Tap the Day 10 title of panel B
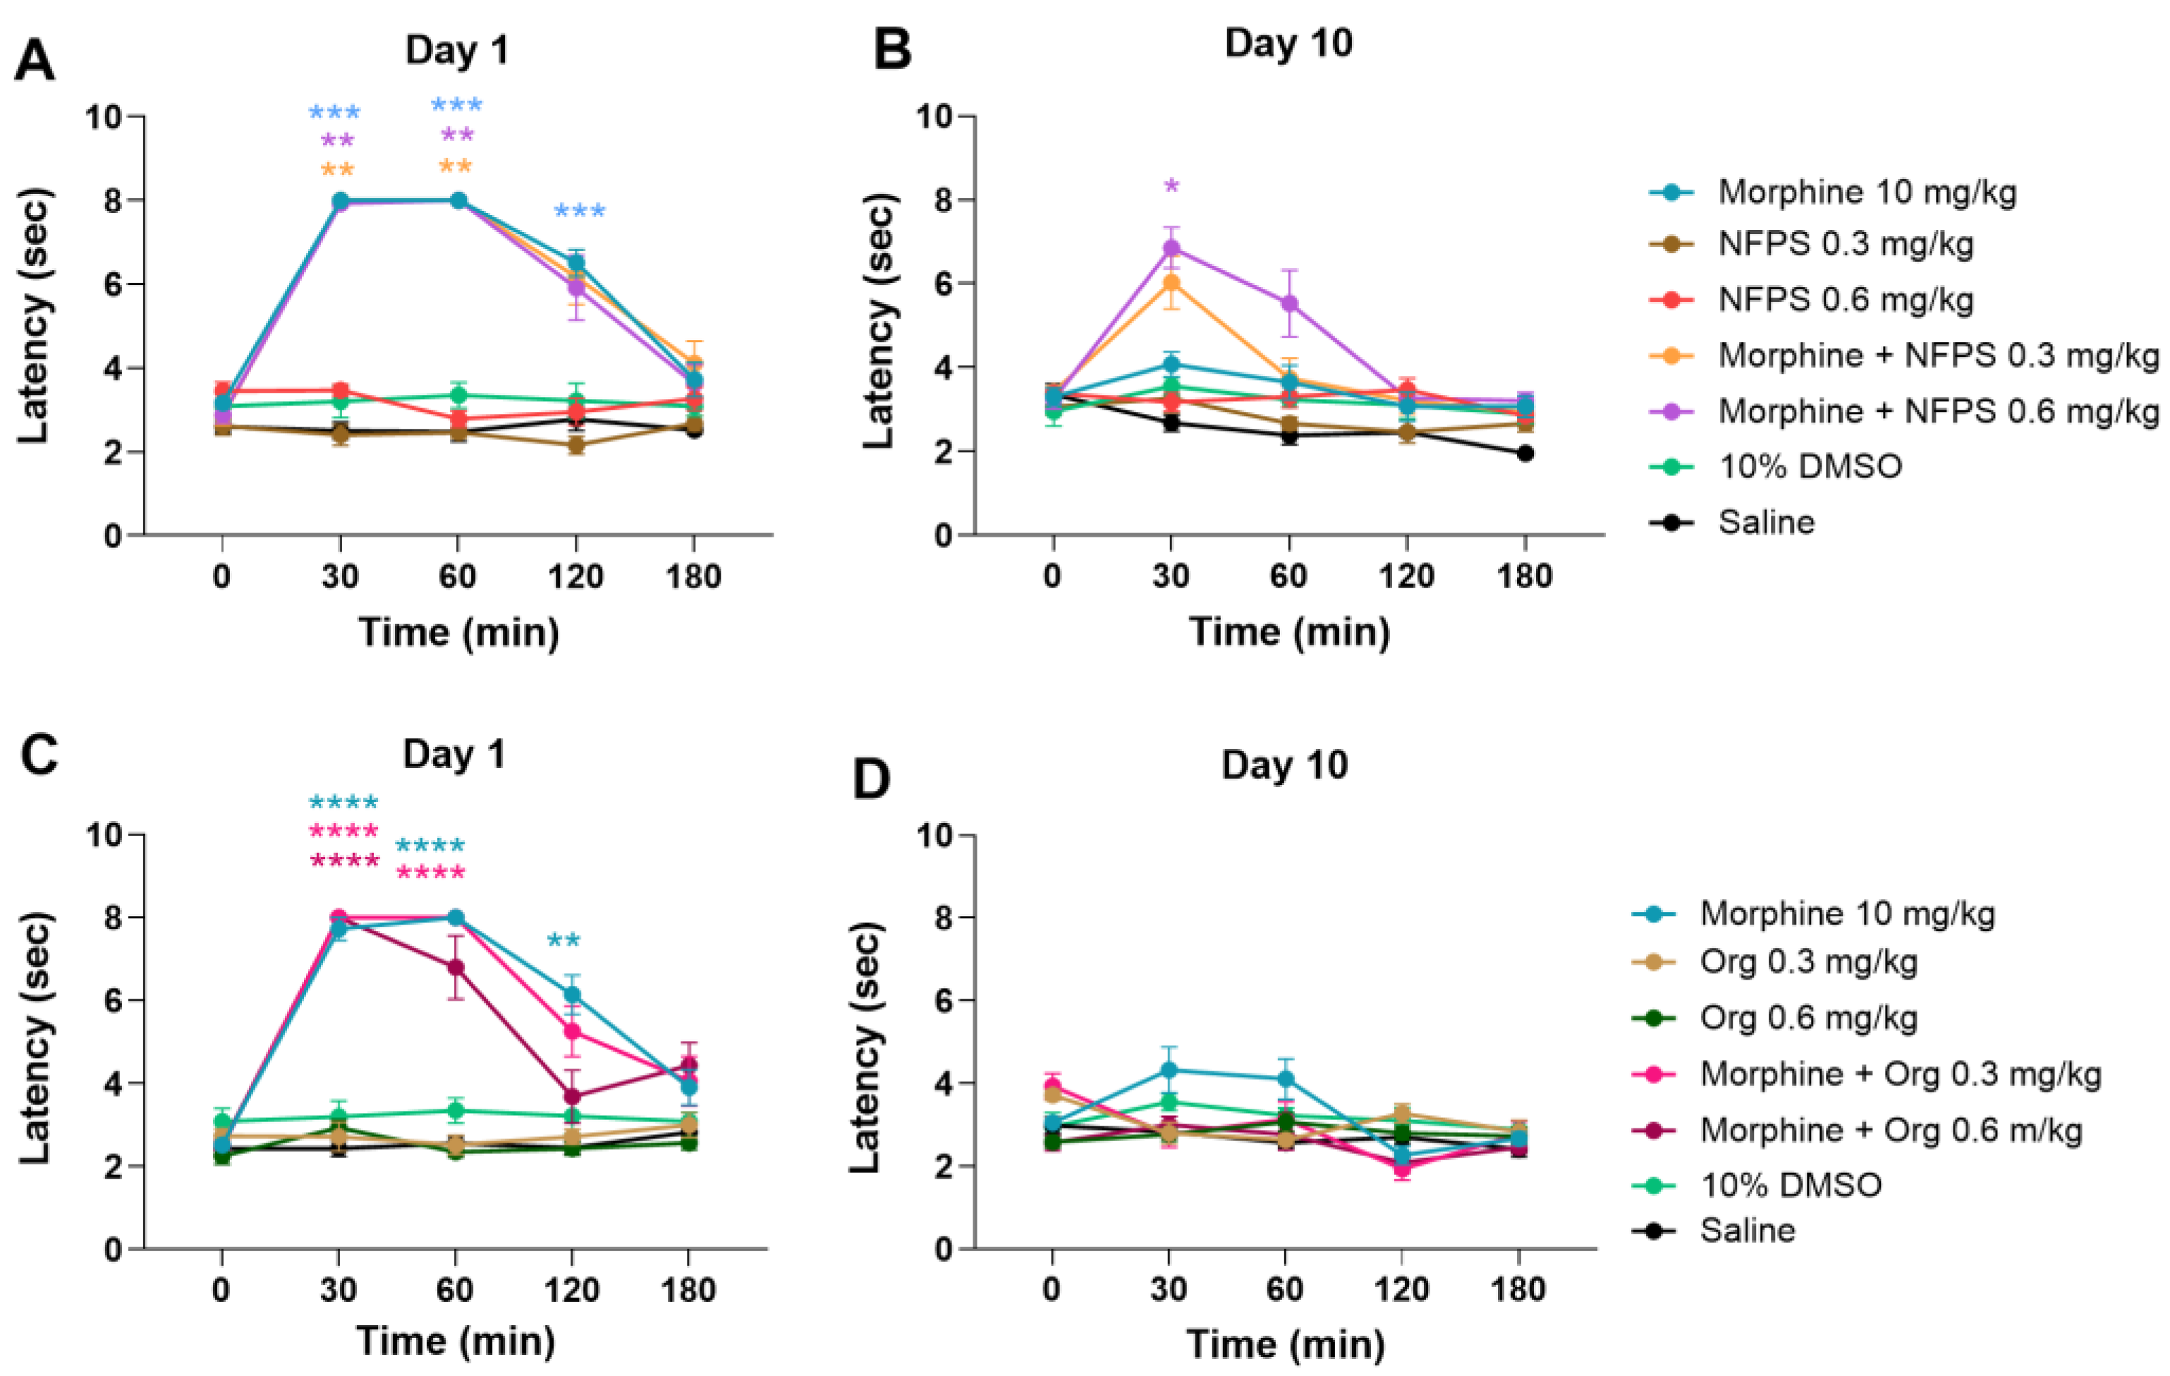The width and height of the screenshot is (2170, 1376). point(1288,43)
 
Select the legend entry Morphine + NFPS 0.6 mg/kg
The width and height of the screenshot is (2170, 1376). point(1937,411)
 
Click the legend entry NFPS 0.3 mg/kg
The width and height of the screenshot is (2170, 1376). point(1845,244)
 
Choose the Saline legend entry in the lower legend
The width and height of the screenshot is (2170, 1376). point(1746,1230)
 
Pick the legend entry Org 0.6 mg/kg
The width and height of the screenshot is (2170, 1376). point(1808,1017)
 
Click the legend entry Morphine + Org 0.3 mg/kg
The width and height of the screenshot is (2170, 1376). point(1900,1073)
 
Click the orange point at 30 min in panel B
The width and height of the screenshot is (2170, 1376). point(1171,283)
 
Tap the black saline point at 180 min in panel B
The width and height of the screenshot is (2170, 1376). point(1525,453)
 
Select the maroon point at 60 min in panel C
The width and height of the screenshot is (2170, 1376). point(456,967)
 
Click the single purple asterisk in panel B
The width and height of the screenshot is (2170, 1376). point(1171,186)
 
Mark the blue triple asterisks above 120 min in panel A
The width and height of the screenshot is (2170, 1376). point(580,212)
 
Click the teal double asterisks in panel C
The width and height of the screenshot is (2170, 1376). point(564,941)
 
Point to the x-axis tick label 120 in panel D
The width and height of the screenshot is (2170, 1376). point(1401,1289)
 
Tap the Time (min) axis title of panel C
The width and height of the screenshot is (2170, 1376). point(455,1341)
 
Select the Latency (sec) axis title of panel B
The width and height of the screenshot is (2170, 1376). point(879,322)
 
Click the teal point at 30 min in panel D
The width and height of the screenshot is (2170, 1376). point(1169,1070)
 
